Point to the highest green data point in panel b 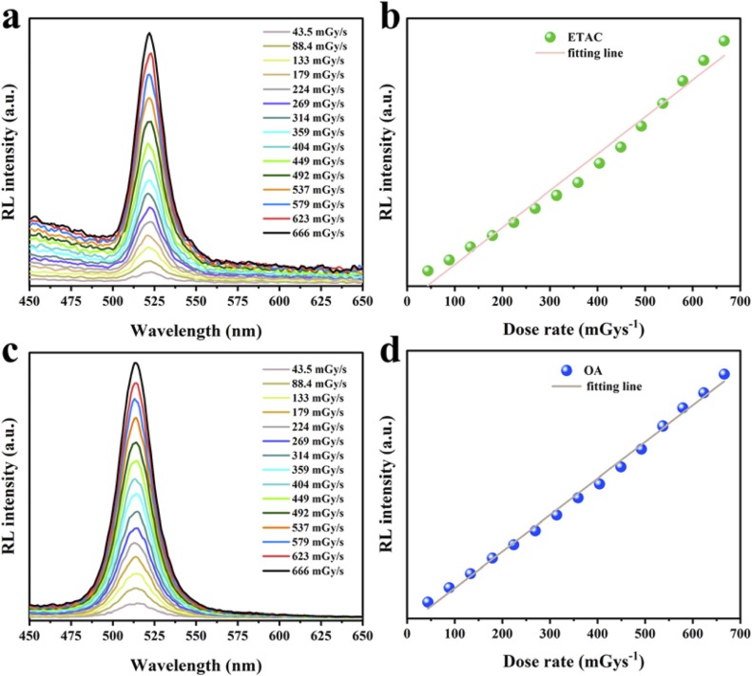pos(724,41)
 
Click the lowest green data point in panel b pos(428,271)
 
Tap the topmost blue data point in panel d pos(724,374)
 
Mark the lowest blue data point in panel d pos(428,602)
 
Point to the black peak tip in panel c pos(136,363)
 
